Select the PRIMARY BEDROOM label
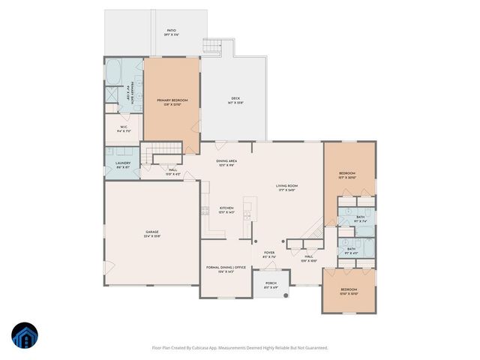[172, 101]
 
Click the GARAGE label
[152, 234]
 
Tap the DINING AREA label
[226, 163]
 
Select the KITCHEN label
[226, 209]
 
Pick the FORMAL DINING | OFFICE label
[226, 268]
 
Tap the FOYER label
[268, 255]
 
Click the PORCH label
[271, 285]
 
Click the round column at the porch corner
[286, 296]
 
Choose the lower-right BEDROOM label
[349, 290]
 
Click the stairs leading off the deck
[214, 46]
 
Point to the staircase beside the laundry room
[163, 151]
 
